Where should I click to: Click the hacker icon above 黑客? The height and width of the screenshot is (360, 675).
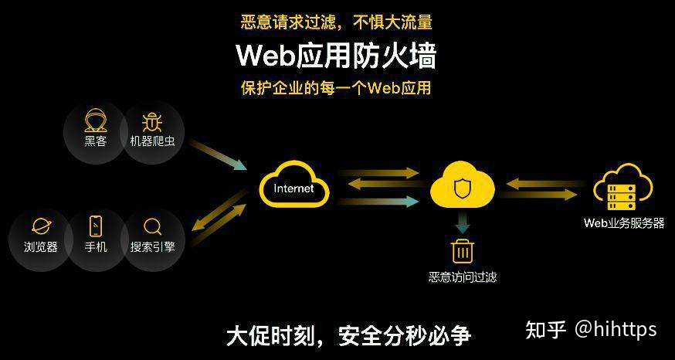pos(96,121)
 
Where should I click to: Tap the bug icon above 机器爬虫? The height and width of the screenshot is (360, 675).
pos(151,121)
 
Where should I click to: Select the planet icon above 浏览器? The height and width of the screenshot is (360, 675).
pos(40,226)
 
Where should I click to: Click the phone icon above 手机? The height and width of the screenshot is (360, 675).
pos(96,226)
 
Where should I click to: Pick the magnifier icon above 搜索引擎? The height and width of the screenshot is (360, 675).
pos(153,226)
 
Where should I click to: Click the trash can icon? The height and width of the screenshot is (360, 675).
pos(462,251)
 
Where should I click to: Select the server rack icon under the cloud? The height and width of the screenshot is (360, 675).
pos(621,195)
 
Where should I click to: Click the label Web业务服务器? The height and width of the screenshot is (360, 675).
pos(623,223)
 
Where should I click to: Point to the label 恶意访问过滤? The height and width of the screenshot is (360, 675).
pos(463,277)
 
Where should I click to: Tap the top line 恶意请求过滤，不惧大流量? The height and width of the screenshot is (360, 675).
pos(337,22)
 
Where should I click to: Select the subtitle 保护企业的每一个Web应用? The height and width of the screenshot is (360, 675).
pos(337,87)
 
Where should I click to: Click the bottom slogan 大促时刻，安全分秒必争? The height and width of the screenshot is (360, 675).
pos(348,335)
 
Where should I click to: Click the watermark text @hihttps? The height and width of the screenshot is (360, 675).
pos(615,329)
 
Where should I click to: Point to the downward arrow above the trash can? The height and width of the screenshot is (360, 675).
pos(462,224)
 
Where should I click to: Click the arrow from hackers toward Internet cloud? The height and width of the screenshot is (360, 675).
pos(218,155)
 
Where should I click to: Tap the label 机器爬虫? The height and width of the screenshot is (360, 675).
pos(151,141)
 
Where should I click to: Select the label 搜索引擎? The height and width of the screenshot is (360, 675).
pos(153,247)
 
